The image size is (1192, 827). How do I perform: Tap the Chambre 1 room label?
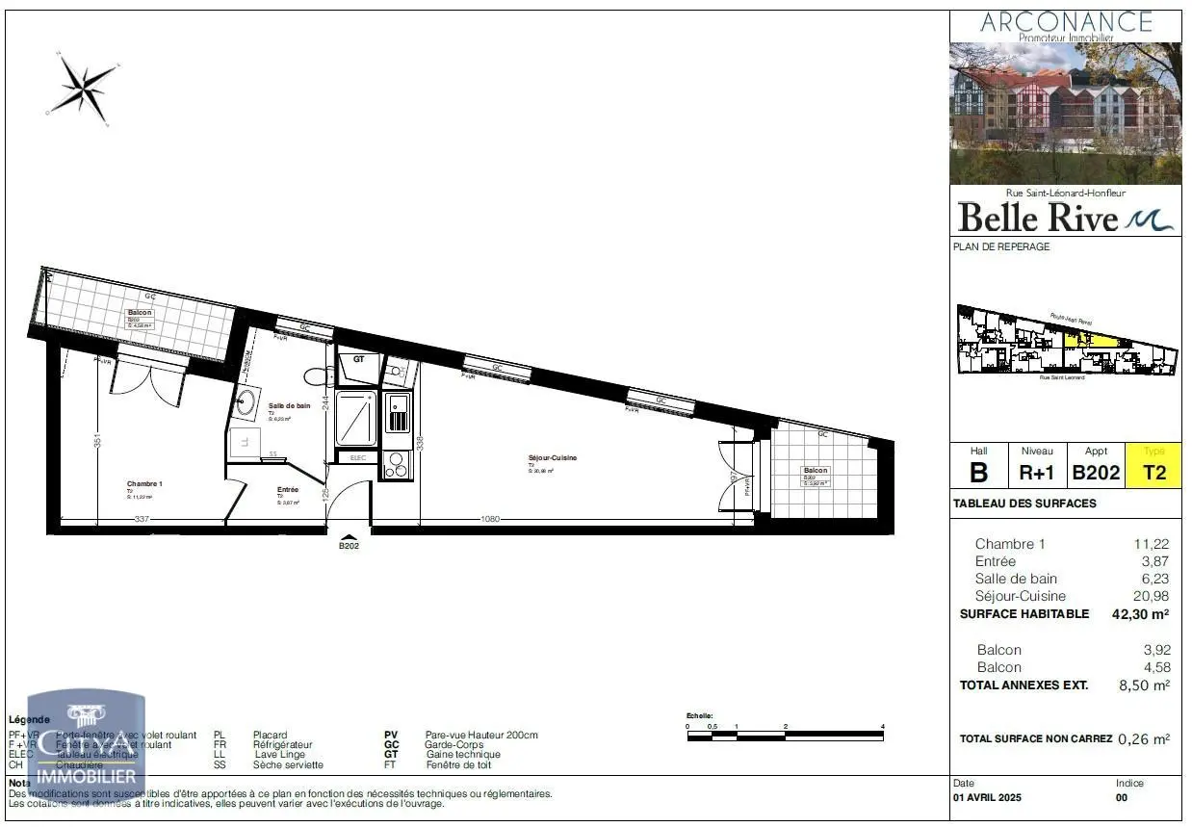tap(144, 484)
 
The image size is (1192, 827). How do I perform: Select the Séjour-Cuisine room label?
tap(552, 458)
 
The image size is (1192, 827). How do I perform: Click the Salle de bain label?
tap(289, 406)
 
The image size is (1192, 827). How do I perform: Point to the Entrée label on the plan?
tap(288, 490)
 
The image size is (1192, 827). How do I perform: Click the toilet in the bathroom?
tap(315, 375)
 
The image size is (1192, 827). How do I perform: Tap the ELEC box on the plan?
tap(357, 458)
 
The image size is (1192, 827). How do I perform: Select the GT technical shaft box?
tap(358, 358)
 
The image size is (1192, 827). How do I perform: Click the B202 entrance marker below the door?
tap(349, 545)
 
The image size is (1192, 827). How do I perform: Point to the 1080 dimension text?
tap(490, 520)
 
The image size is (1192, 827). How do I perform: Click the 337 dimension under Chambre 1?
tap(141, 520)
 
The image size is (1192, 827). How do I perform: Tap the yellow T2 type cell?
tap(1153, 472)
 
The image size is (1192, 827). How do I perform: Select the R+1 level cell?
tap(1038, 472)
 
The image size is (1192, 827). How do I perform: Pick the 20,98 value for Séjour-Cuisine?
tap(1152, 596)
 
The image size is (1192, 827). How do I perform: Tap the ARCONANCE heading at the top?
tap(1066, 21)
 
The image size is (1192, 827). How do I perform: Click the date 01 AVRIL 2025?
tap(987, 798)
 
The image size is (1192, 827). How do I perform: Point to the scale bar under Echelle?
tap(785, 736)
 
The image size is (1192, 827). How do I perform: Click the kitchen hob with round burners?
tap(396, 464)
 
